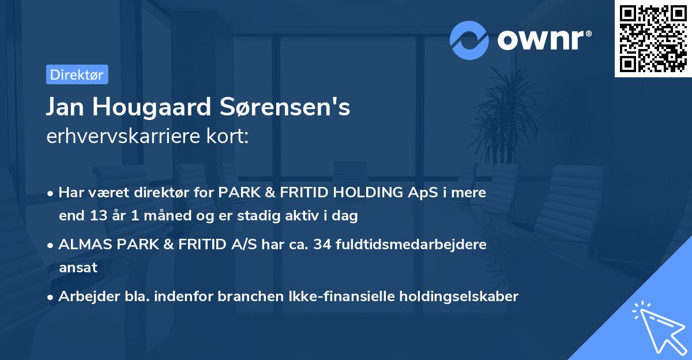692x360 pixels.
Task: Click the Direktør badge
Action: tap(77, 74)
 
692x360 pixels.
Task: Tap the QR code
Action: tap(653, 39)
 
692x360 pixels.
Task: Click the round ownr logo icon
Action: tap(469, 40)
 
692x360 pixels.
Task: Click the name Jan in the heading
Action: tap(67, 107)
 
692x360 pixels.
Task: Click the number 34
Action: tap(330, 244)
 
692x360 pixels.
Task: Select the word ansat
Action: tap(78, 268)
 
